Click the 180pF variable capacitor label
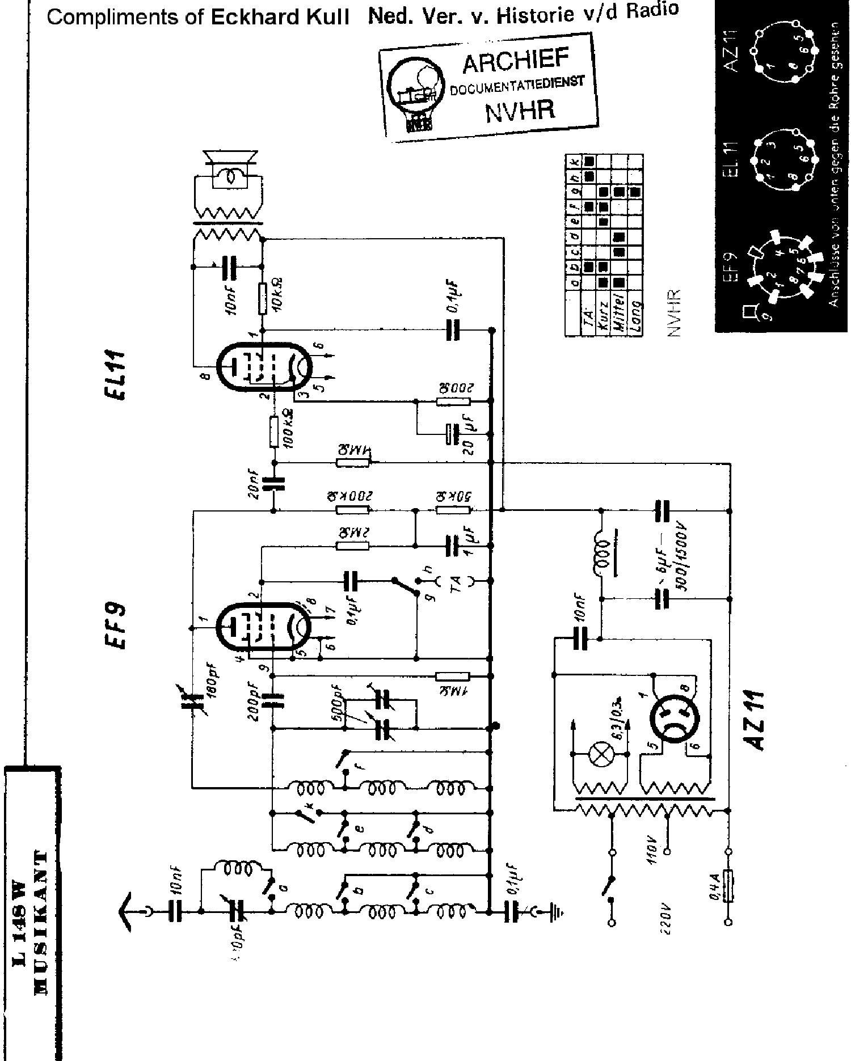pos(212,683)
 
